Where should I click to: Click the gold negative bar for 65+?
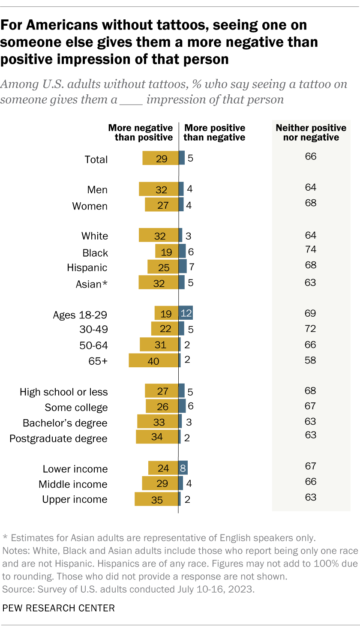[x=153, y=360]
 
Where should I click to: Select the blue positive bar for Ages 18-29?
[x=186, y=313]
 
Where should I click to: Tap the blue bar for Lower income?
[x=183, y=468]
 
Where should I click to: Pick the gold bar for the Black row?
[x=167, y=251]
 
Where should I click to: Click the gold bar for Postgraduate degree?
[x=157, y=437]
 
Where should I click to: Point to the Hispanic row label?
[x=87, y=268]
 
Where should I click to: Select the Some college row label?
[x=76, y=407]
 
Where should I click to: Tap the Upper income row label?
[x=75, y=499]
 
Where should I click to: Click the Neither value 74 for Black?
[x=311, y=250]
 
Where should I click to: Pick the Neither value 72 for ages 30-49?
[x=311, y=329]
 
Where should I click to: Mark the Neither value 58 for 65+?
[x=311, y=360]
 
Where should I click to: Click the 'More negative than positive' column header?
[x=141, y=132]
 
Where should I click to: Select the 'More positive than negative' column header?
[x=214, y=132]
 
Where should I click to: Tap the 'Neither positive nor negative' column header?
[x=311, y=132]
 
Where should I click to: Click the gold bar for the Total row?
[x=160, y=158]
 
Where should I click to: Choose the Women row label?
[x=90, y=206]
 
